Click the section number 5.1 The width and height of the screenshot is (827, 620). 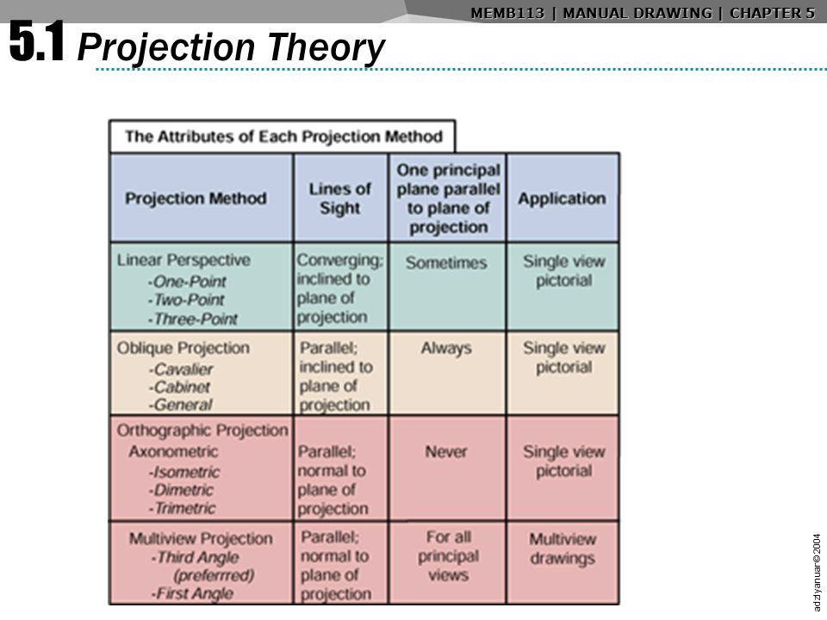tap(37, 41)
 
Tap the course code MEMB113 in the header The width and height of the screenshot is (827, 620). tap(507, 13)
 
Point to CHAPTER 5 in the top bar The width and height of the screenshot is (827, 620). tap(772, 13)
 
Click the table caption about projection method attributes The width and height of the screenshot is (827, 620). tap(283, 137)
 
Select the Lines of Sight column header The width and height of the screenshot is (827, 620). tap(340, 198)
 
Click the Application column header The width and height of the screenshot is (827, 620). tap(562, 198)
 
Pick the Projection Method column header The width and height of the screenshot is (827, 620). tap(196, 198)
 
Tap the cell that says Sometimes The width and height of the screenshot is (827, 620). tap(446, 263)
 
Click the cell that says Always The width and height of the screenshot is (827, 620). tap(446, 348)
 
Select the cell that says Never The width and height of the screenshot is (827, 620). tap(446, 451)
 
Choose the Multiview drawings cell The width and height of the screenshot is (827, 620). tap(563, 549)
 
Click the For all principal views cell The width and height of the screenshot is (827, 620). tap(448, 555)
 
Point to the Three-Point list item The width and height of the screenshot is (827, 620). tap(193, 319)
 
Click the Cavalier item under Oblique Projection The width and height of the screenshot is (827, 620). tap(181, 369)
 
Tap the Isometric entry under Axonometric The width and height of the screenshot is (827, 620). tap(184, 472)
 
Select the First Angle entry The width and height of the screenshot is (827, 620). tap(192, 593)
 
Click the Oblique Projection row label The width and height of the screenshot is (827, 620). tap(183, 348)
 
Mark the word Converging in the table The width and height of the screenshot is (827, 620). tap(340, 260)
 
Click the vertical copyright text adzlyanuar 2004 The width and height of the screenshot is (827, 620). tap(817, 573)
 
